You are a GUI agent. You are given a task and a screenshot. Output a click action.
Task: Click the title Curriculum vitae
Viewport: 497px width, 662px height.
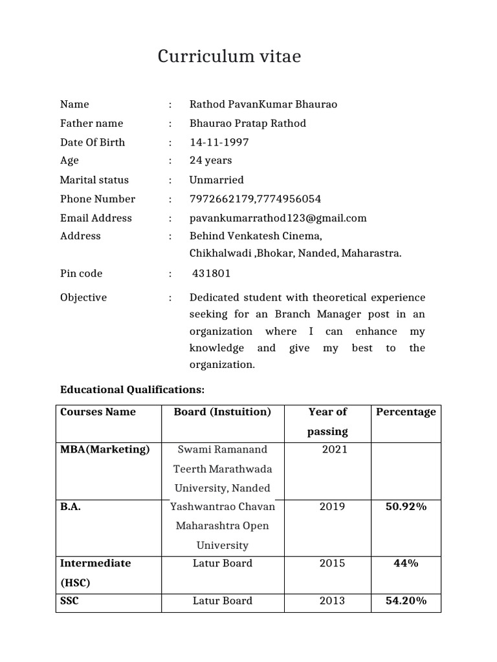coord(230,58)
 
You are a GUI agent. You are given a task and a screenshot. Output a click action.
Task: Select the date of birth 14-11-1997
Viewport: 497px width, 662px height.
coord(219,142)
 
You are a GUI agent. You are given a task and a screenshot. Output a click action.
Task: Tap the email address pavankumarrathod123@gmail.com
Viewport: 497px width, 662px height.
coord(278,218)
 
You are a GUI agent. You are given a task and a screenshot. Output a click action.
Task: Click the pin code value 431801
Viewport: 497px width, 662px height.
coord(211,273)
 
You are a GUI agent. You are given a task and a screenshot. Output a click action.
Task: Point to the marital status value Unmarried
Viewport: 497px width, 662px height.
coord(216,180)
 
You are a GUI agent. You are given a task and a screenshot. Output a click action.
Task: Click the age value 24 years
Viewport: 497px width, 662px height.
coord(210,160)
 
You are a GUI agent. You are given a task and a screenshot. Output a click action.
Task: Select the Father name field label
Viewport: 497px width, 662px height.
coord(91,123)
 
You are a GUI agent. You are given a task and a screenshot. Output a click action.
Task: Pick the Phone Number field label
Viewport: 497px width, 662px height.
coord(98,199)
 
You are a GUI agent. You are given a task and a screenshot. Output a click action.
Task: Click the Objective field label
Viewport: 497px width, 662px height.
coord(83,297)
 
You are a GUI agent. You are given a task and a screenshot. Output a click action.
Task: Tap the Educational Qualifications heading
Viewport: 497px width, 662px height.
coord(132,390)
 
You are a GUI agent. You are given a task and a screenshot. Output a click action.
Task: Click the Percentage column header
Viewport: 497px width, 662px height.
coord(406,412)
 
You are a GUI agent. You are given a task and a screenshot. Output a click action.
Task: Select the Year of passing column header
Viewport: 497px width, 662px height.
coord(328,421)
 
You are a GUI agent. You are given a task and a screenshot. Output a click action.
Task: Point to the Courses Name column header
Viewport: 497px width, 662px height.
coord(98,412)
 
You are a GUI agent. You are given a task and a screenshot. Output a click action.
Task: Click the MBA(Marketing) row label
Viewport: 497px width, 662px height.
coord(105,449)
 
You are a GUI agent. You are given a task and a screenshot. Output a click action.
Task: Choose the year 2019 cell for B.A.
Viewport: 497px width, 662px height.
coord(333,507)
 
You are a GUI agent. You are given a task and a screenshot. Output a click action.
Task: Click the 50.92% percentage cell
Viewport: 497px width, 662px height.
coord(406,507)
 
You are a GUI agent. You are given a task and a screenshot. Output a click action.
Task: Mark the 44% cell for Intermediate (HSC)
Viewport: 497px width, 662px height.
coord(406,563)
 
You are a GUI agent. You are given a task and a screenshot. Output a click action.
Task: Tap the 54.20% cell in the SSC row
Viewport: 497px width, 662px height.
coord(406,601)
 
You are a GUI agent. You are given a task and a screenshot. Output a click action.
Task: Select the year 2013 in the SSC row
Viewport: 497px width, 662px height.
coord(333,601)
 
